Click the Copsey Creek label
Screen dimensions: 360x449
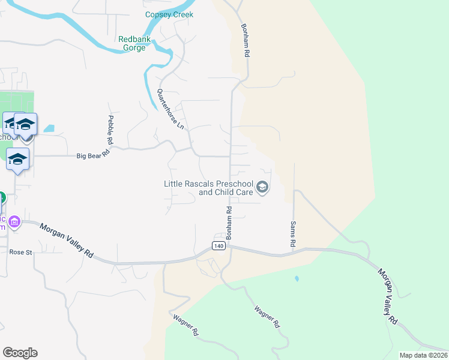point(169,14)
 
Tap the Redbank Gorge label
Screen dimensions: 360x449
point(135,44)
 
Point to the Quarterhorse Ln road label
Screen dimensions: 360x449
point(170,109)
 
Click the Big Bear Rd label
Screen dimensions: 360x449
point(94,155)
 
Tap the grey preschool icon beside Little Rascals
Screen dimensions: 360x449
point(262,188)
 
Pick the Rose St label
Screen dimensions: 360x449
point(20,253)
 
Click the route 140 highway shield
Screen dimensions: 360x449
point(218,246)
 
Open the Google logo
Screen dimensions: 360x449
point(20,353)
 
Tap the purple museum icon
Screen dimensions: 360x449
point(14,223)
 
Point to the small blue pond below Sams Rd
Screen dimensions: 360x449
point(296,279)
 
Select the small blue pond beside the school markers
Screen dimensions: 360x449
point(49,128)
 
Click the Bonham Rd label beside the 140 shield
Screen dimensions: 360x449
point(229,221)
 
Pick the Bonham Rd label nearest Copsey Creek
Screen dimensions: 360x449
point(245,40)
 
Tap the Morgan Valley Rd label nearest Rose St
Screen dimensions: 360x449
point(67,241)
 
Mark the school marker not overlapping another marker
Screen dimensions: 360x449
point(18,160)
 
